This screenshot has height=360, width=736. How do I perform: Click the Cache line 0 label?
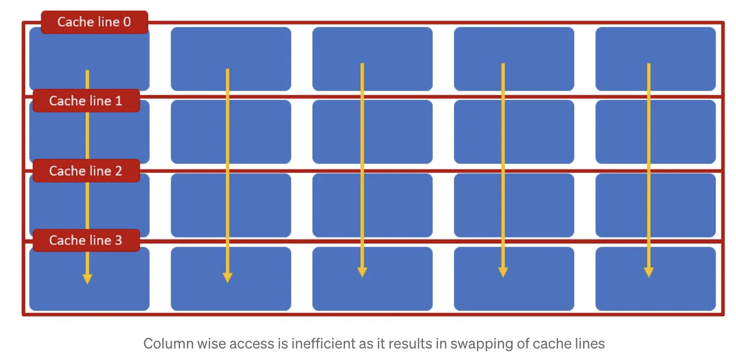(x=94, y=22)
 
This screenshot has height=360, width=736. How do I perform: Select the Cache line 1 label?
(x=86, y=100)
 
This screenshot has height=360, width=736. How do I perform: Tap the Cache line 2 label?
(x=86, y=171)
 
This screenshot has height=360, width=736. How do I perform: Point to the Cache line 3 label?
(x=86, y=240)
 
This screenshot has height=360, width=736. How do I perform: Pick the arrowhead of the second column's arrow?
(x=228, y=277)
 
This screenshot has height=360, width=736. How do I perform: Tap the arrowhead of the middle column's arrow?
(x=362, y=272)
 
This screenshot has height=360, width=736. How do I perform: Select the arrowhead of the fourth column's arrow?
(x=503, y=272)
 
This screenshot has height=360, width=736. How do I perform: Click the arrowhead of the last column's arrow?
(x=649, y=272)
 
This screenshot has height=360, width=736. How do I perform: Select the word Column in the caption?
(x=168, y=344)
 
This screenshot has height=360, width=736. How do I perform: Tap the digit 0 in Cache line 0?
(x=127, y=22)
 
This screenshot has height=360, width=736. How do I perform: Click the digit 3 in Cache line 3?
(x=119, y=240)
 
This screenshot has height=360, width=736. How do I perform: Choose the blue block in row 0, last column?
(x=655, y=59)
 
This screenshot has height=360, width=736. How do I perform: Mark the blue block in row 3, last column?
(x=655, y=279)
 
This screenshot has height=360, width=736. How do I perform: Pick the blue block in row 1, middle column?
(x=372, y=132)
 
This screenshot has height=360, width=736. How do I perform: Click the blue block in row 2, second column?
(x=231, y=205)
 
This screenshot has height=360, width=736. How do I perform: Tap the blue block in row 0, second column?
(x=231, y=59)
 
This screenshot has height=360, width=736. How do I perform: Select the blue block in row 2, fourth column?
(x=514, y=205)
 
